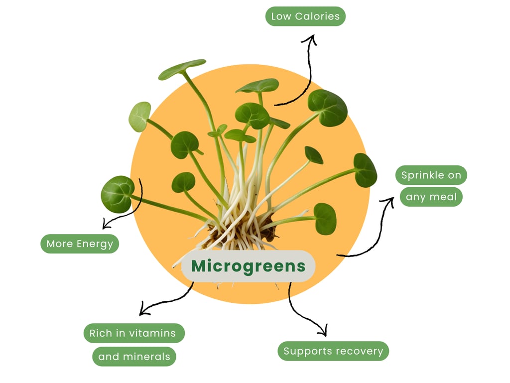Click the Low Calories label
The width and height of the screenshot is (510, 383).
305,16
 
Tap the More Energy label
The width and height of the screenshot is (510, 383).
80,244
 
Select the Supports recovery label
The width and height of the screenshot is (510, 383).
333,351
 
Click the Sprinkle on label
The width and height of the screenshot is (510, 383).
431,175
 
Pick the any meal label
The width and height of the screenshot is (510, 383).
431,197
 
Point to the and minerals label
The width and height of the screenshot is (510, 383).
134,357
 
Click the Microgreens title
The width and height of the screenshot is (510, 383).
248,266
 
